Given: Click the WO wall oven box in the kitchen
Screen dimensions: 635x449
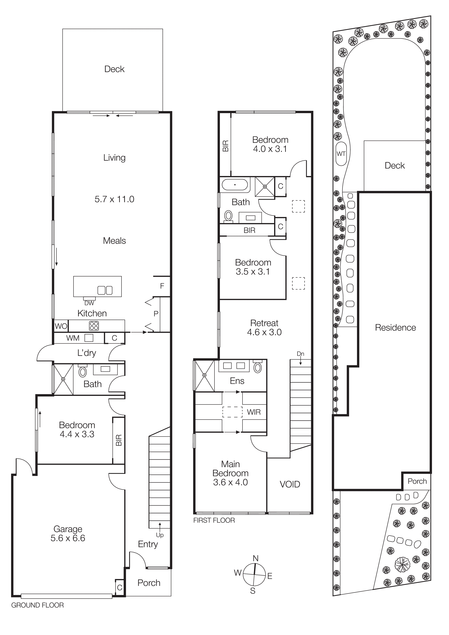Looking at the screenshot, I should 61,326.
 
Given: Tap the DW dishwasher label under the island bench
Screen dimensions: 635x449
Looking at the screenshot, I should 89,303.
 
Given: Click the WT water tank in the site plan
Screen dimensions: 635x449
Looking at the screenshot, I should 341,154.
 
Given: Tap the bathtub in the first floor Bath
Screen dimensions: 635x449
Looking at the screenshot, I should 235,184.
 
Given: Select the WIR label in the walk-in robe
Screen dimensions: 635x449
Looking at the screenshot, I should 254,412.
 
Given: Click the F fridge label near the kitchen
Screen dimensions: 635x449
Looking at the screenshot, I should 162,286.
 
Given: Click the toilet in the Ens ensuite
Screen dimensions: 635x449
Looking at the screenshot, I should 258,367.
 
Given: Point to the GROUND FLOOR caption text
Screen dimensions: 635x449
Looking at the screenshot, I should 37,605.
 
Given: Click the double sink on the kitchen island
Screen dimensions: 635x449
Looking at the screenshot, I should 105,290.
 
